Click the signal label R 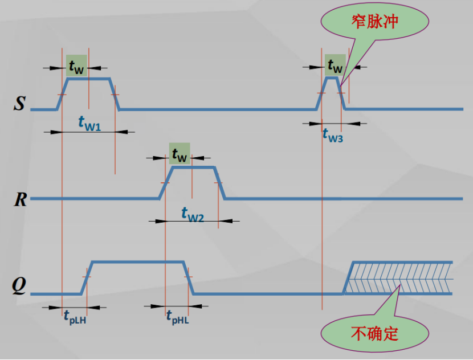coord(21,199)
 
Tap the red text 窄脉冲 coord(374,23)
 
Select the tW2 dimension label coord(192,214)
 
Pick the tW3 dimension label coord(332,134)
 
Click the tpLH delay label coord(75,317)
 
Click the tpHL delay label coord(177,317)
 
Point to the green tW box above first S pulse coord(76,65)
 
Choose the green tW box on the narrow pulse coord(335,65)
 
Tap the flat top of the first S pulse coord(88,79)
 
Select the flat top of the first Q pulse coord(137,262)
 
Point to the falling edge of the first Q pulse coord(188,278)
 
